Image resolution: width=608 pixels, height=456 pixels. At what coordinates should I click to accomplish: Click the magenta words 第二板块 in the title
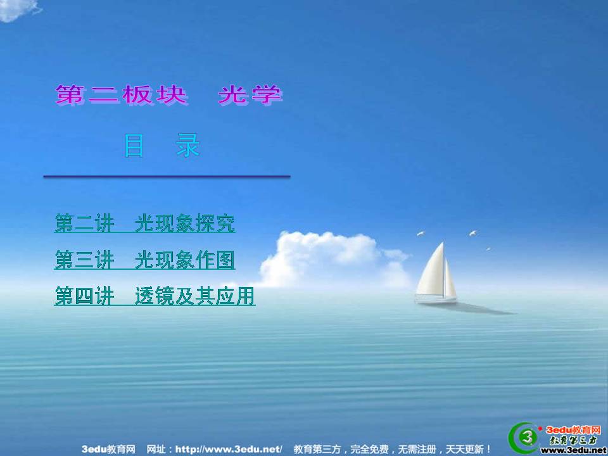pyautogui.click(x=122, y=94)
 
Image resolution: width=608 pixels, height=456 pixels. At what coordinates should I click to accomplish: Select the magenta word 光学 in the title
pyautogui.click(x=250, y=94)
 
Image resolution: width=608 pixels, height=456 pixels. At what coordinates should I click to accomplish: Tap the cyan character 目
pyautogui.click(x=134, y=146)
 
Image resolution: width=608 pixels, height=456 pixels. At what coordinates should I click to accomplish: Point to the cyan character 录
pyautogui.click(x=188, y=146)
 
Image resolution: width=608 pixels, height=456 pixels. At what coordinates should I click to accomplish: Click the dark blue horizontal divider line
pyautogui.click(x=167, y=177)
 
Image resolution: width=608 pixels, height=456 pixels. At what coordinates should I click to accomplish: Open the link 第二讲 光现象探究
pyautogui.click(x=144, y=223)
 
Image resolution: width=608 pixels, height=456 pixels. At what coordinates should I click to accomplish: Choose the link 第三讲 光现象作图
pyautogui.click(x=144, y=260)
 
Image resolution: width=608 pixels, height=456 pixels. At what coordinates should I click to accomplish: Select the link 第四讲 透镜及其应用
pyautogui.click(x=155, y=296)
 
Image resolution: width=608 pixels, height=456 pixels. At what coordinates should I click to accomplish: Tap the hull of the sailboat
pyautogui.click(x=436, y=299)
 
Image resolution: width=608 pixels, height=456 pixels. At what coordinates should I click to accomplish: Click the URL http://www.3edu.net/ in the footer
pyautogui.click(x=229, y=450)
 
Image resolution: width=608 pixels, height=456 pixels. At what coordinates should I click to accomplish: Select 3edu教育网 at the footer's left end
pyautogui.click(x=108, y=450)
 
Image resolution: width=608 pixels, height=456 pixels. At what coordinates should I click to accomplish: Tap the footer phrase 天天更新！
pyautogui.click(x=469, y=450)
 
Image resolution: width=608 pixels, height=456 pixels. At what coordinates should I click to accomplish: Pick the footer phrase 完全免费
pyautogui.click(x=369, y=450)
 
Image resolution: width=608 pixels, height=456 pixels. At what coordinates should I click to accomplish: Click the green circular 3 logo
pyautogui.click(x=524, y=438)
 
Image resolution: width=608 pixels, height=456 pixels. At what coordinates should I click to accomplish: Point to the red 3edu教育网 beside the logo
pyautogui.click(x=573, y=430)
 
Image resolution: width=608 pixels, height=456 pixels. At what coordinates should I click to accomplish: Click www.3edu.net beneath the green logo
pyautogui.click(x=574, y=450)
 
